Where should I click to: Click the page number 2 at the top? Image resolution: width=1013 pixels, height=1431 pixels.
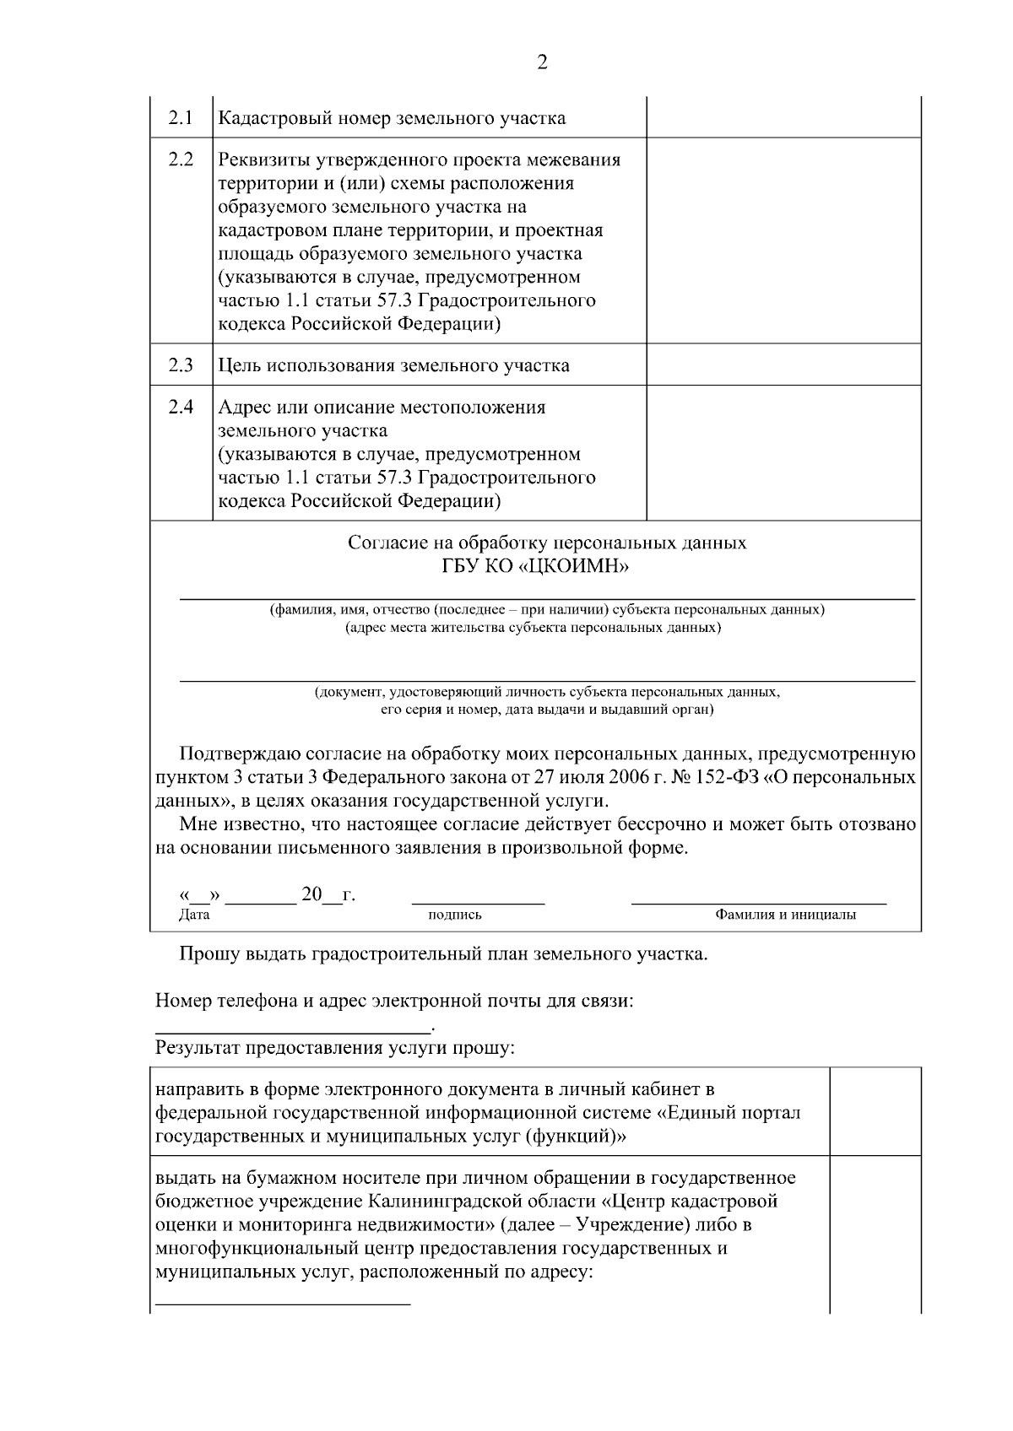click(x=541, y=62)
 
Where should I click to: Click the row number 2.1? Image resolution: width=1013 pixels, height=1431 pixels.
click(x=181, y=117)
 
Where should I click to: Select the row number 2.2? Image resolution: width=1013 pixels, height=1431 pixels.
click(x=181, y=159)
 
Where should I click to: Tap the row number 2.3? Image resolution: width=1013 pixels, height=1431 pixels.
click(x=181, y=364)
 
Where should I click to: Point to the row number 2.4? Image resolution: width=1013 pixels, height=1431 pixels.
click(x=181, y=407)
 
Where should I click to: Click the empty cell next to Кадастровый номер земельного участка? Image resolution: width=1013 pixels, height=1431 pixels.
click(x=783, y=117)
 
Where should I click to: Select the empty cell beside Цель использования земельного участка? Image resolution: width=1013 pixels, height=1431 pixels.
click(x=783, y=364)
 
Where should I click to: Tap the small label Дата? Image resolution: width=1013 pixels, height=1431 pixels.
click(x=194, y=915)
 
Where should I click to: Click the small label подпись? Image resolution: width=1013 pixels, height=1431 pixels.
click(x=455, y=915)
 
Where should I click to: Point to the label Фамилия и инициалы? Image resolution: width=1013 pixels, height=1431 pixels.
click(x=785, y=915)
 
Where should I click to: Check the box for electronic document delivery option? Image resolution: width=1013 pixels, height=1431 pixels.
click(x=875, y=1112)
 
